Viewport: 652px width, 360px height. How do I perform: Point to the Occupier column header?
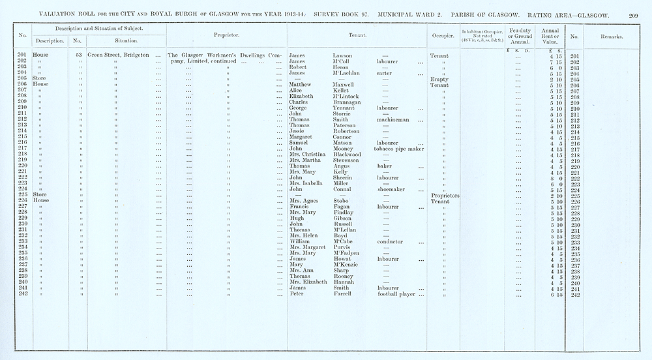(443, 35)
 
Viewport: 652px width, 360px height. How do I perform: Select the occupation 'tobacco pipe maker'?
(398, 149)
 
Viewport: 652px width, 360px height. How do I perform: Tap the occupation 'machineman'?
(393, 120)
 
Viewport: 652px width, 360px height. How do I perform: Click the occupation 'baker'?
(385, 166)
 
